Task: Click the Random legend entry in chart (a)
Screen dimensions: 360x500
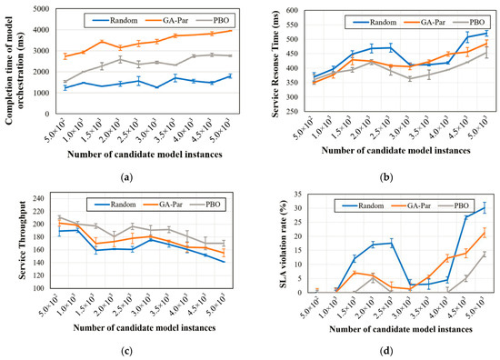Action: pos(111,18)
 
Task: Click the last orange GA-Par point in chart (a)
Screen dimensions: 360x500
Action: pos(230,31)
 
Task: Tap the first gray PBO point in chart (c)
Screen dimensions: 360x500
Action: pos(60,217)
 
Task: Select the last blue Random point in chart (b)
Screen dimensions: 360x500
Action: pos(485,34)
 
